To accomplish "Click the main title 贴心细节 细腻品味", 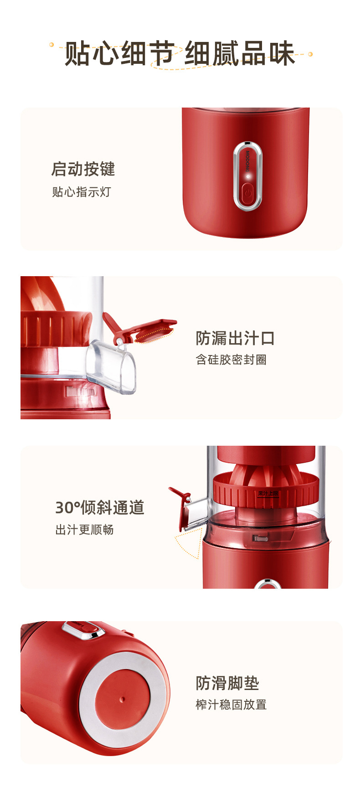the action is pyautogui.click(x=180, y=54).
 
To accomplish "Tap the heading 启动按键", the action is pyautogui.click(x=83, y=169).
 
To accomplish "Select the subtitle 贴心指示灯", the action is pyautogui.click(x=82, y=192).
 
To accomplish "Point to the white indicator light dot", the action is pyautogui.click(x=248, y=176).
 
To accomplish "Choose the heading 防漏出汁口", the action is pyautogui.click(x=235, y=338).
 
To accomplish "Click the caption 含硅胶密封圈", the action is pyautogui.click(x=231, y=360).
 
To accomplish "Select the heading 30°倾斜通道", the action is pyautogui.click(x=100, y=507).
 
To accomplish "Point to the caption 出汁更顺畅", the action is pyautogui.click(x=84, y=530).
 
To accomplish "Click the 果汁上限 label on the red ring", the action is pyautogui.click(x=268, y=494).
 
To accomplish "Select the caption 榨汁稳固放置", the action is pyautogui.click(x=231, y=705).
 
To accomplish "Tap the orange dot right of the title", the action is pyautogui.click(x=310, y=54).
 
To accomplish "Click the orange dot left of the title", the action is pyautogui.click(x=51, y=45).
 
